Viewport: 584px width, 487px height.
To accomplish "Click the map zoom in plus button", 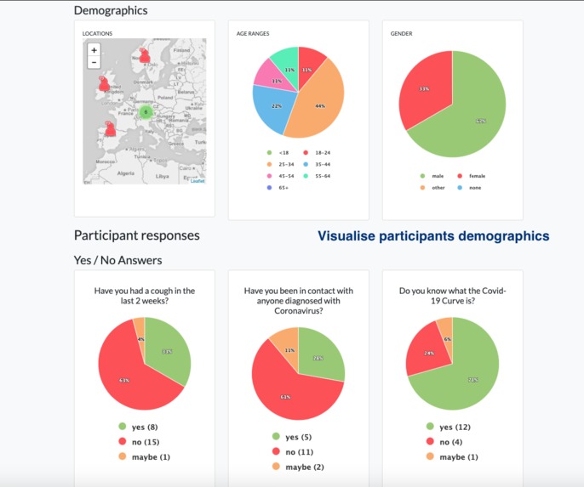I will coord(94,50).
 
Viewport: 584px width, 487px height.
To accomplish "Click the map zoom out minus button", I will coord(94,63).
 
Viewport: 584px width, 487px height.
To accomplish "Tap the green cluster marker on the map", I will coord(146,111).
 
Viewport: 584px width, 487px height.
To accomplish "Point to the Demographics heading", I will coord(111,10).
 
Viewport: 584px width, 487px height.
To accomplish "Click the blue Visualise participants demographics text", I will coord(433,236).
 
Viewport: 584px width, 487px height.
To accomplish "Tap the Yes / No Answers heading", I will coord(117,260).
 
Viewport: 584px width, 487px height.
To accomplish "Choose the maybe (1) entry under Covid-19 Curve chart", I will coord(451,456).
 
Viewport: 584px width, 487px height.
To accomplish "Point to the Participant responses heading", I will coord(136,235).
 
